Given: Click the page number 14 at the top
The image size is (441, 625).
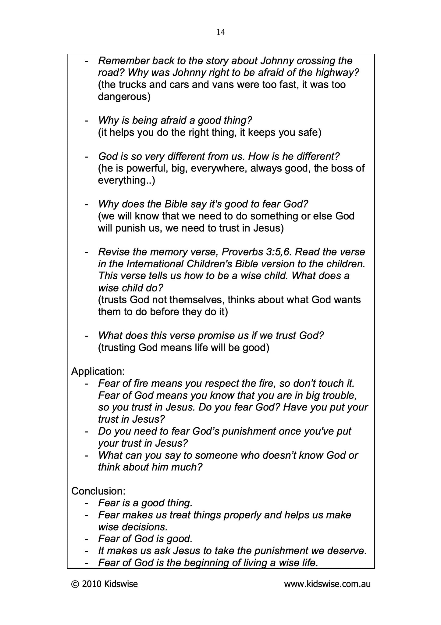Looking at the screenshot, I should (221, 32).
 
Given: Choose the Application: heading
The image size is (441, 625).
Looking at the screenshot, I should (98, 371).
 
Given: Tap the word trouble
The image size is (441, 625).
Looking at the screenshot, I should (338, 396).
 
